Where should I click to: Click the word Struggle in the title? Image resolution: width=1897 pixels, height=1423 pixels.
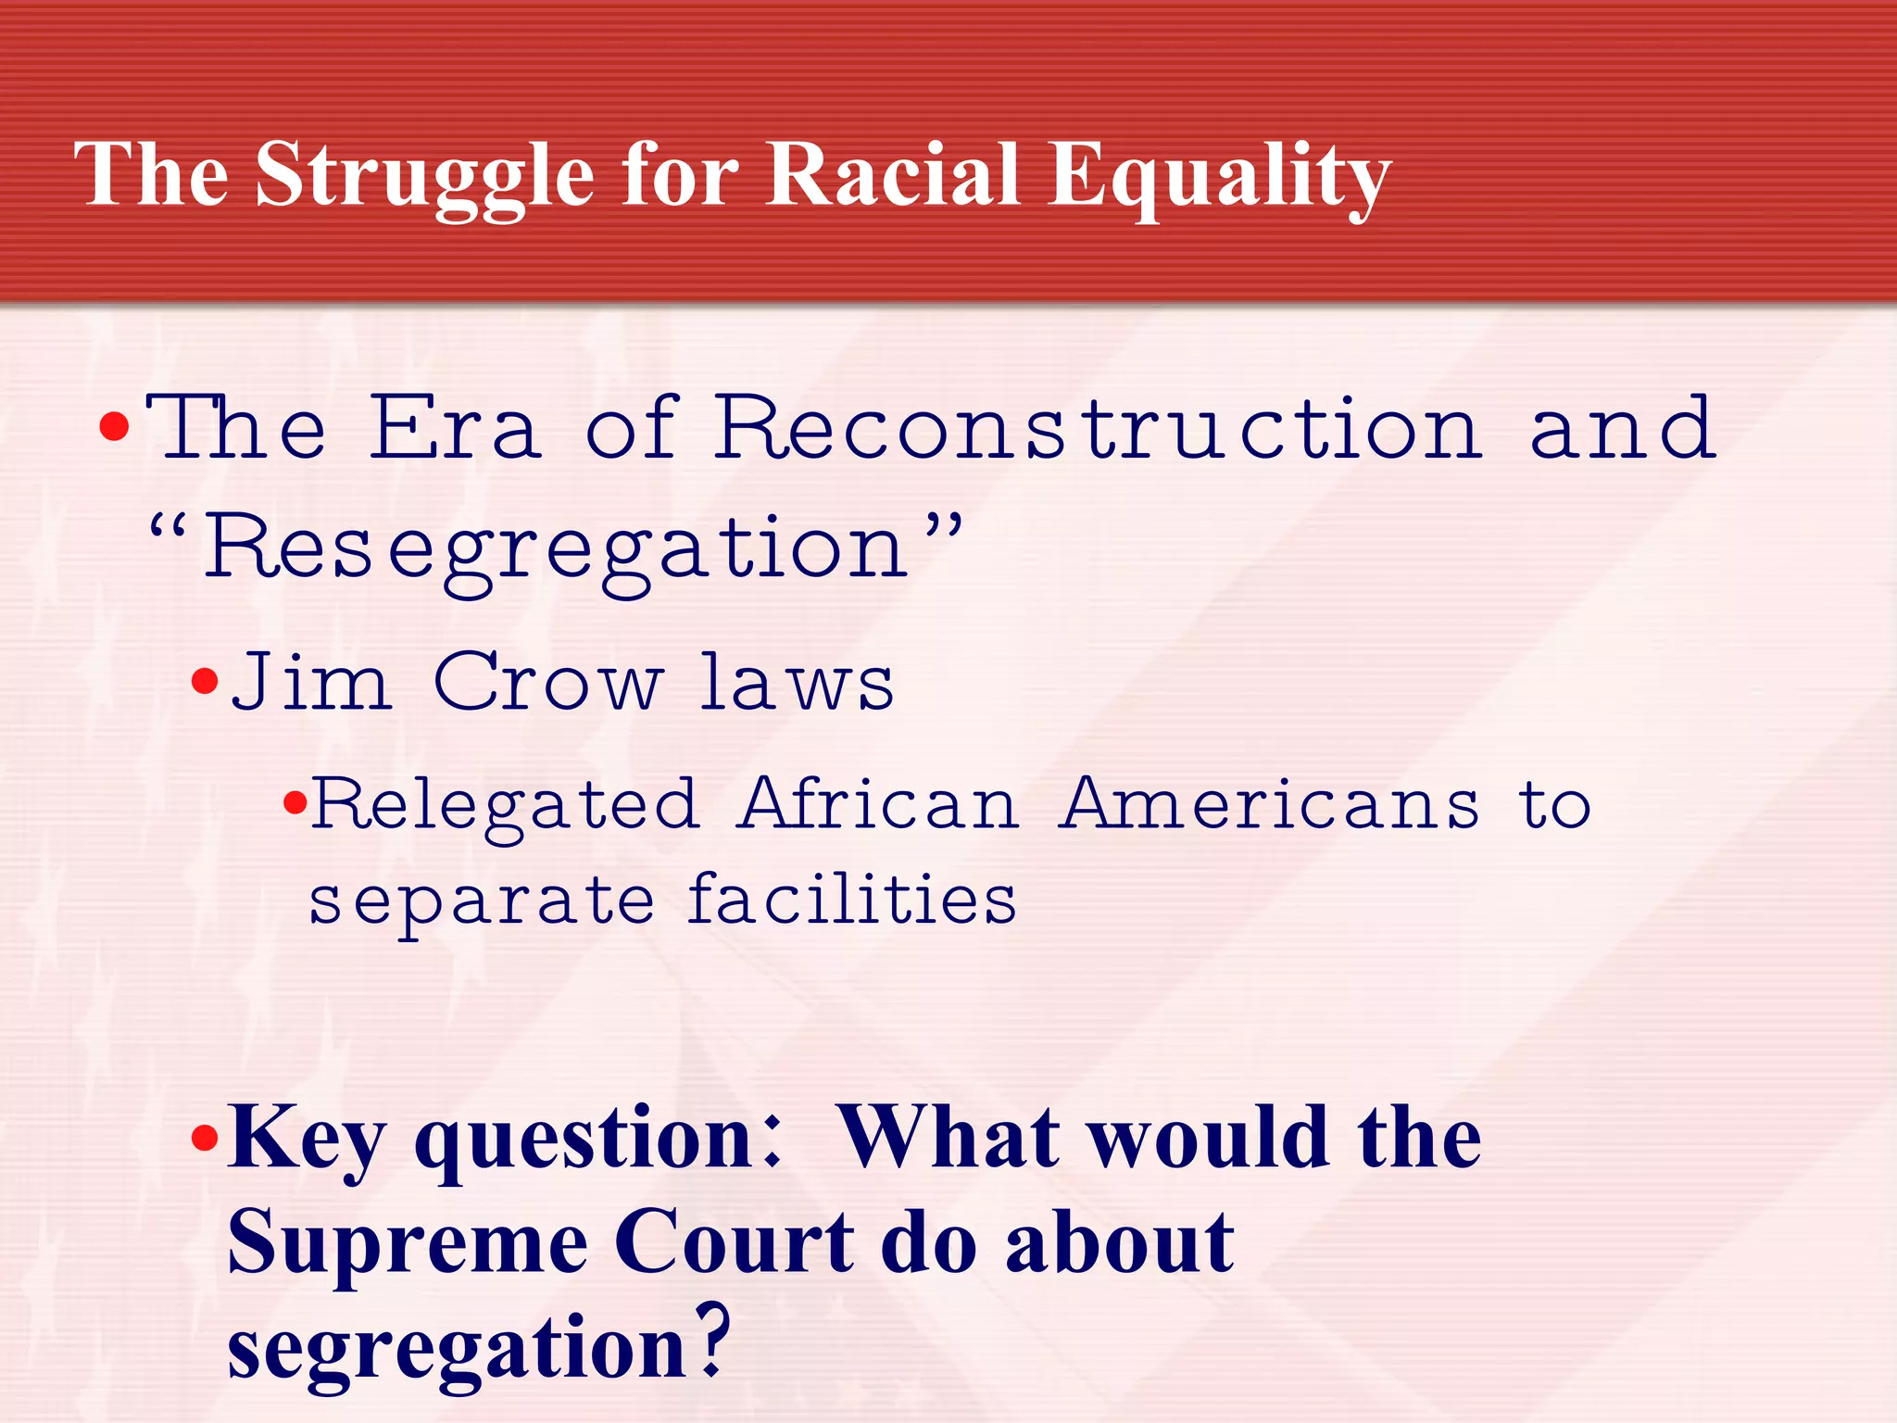424,176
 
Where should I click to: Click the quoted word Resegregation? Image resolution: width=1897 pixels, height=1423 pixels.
556,548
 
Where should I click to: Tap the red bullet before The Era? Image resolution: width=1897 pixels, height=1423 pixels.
114,428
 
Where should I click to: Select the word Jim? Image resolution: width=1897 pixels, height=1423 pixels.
309,683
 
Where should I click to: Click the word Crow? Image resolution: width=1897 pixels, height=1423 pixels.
548,683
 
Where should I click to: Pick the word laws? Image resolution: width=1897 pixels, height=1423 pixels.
797,683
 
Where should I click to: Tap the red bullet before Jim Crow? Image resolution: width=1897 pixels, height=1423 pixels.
204,684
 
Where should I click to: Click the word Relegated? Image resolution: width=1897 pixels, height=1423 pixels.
505,804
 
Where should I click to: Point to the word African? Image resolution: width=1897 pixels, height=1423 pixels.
880,804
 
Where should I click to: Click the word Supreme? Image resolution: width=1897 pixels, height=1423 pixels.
408,1243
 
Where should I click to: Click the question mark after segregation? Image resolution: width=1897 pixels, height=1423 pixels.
711,1341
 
